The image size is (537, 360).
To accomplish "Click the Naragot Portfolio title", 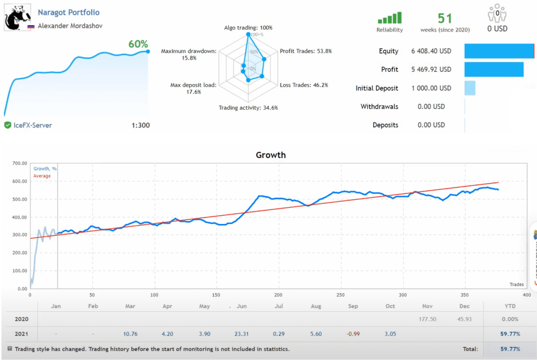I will pos(69,12).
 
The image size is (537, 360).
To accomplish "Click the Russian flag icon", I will pos(31,26).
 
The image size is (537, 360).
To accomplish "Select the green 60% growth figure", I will pos(138,44).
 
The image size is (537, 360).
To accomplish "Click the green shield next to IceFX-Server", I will pos(7,125).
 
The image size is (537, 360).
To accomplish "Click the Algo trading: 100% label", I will pos(248,27).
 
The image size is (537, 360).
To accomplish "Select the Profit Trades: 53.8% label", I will pos(306,51).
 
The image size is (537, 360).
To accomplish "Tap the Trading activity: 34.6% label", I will pos(248,108).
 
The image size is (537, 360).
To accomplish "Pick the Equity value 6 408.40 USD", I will pos(431,51).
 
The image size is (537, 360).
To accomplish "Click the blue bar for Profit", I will pos(493,69).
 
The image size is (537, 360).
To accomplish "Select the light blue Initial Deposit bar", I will pos(470,88).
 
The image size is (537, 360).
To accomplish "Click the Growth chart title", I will pos(271,155).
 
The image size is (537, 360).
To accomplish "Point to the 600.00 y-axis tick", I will pos(19,182).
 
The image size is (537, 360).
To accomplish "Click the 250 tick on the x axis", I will pos(340,294).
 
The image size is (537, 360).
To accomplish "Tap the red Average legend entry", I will pos(42,176).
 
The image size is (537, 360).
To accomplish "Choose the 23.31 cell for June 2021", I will pos(242,333).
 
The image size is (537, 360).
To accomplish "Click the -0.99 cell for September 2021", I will pos(352,333).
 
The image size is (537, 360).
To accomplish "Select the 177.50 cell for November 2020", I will pos(428,319).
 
